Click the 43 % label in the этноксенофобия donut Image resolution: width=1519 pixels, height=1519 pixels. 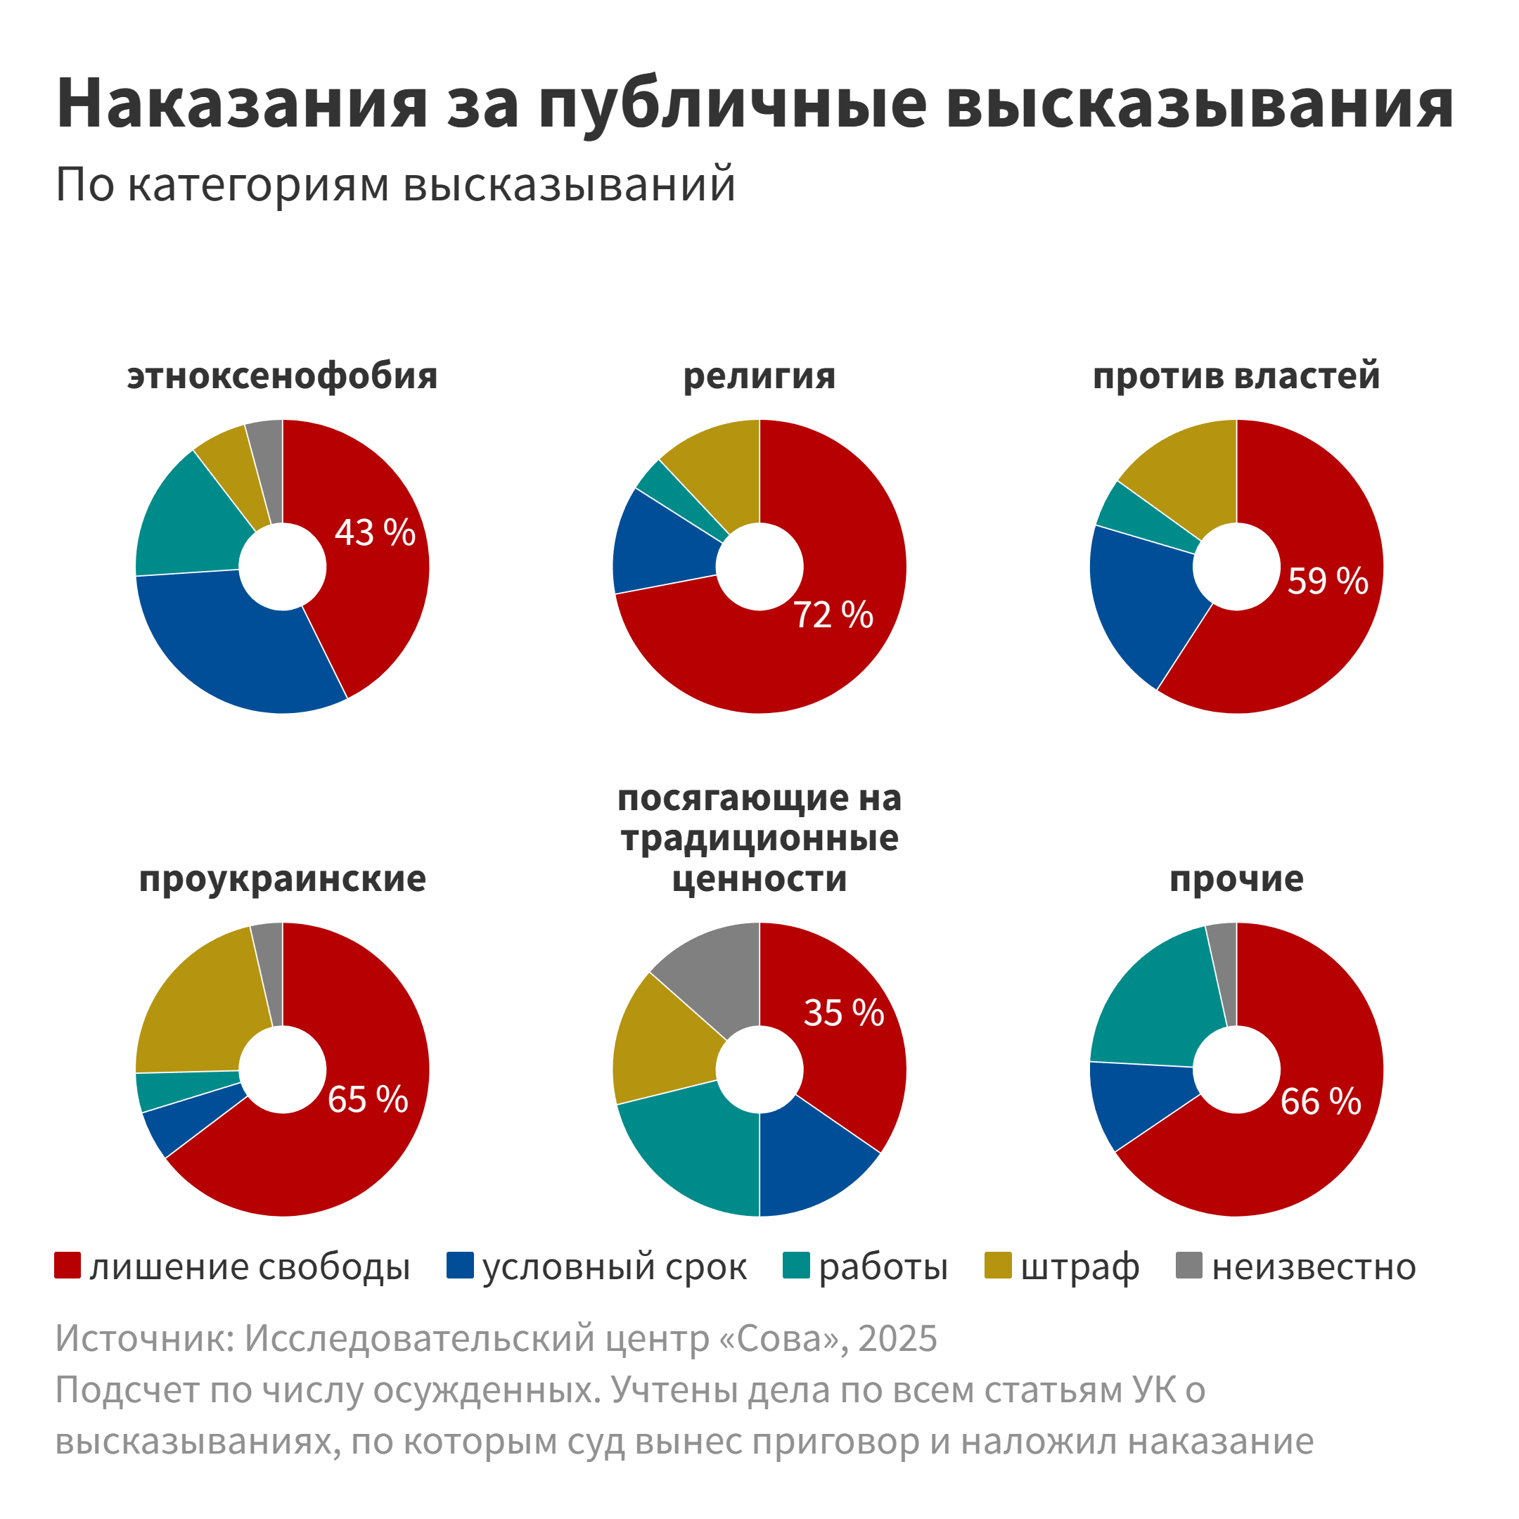pyautogui.click(x=375, y=533)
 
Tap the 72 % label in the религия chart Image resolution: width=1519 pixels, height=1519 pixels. pyautogui.click(x=833, y=615)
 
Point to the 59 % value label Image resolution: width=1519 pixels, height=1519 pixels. pyautogui.click(x=1328, y=581)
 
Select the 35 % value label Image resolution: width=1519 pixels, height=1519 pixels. pyautogui.click(x=844, y=1013)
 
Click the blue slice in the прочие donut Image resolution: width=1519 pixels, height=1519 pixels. pyautogui.click(x=1132, y=1101)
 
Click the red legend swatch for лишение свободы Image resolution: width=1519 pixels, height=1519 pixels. pyautogui.click(x=68, y=1266)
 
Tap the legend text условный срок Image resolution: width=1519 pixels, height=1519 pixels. pyautogui.click(x=614, y=1267)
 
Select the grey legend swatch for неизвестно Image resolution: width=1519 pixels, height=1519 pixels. pyautogui.click(x=1188, y=1266)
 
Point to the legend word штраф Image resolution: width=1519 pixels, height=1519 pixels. pyautogui.click(x=1079, y=1267)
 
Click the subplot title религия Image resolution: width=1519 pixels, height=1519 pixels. pyautogui.click(x=759, y=376)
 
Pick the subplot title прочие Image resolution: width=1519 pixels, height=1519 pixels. pyautogui.click(x=1236, y=878)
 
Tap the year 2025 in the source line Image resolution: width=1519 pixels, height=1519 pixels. pyautogui.click(x=898, y=1338)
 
